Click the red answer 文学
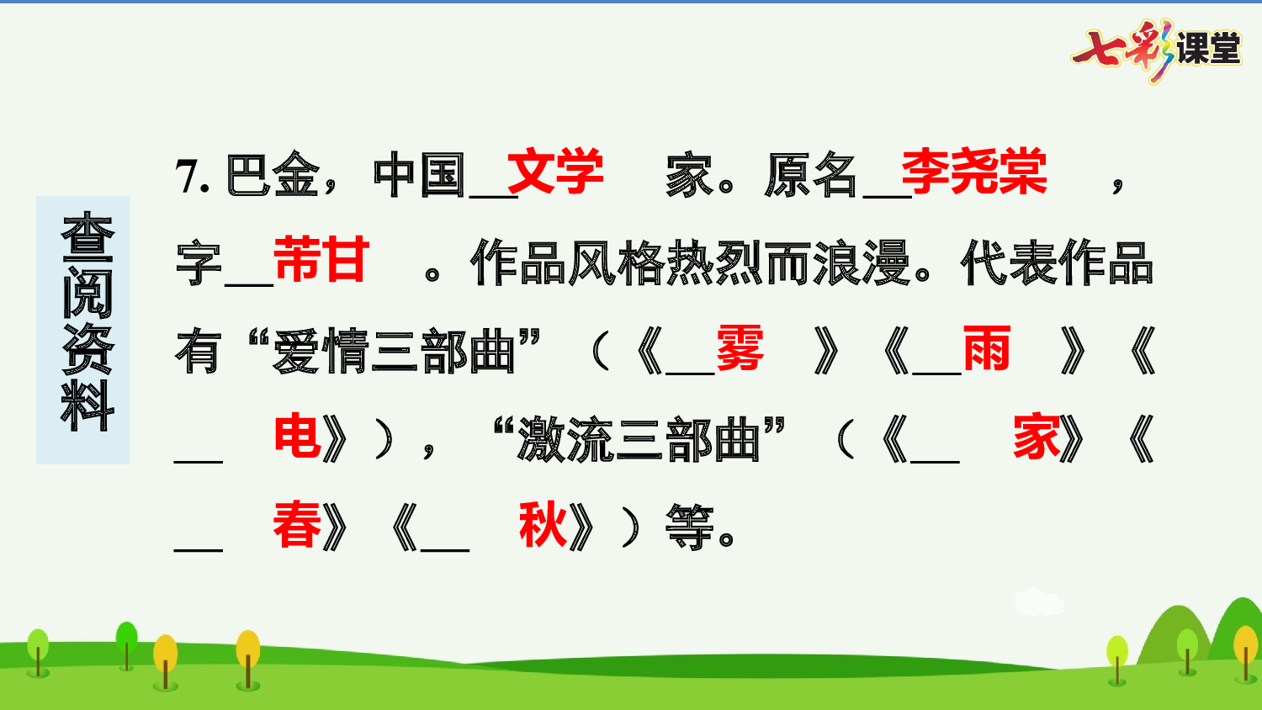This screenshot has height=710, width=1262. pos(555,172)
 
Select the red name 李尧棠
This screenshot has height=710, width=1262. pos(974,172)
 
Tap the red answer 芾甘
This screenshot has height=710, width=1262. pos(321,260)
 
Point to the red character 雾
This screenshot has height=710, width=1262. pos(740,348)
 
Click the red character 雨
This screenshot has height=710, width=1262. pos(986,348)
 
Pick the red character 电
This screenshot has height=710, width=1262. pos(297,437)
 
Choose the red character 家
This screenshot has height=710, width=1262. pos(1037,437)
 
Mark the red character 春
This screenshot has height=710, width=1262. pos(297,526)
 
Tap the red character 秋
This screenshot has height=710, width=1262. pos(543,526)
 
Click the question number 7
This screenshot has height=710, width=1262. pos(191,177)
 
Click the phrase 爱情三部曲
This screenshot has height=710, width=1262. pos(394,352)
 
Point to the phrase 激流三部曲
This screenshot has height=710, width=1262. pos(639,440)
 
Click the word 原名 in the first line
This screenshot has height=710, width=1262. pos(811,176)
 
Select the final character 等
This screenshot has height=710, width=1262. pos(689,528)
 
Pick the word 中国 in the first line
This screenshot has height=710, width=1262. pos(419,176)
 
